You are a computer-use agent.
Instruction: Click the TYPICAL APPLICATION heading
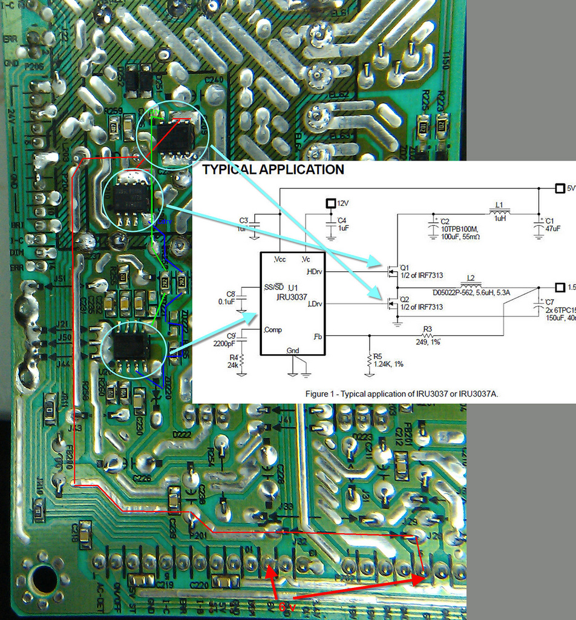(273, 170)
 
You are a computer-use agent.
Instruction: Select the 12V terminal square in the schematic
(331, 203)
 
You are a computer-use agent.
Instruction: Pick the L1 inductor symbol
(499, 211)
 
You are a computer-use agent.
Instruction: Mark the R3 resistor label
(427, 329)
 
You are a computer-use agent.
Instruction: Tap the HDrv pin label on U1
(315, 272)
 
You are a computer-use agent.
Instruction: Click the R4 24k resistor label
(234, 361)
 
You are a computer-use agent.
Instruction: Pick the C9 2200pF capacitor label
(232, 339)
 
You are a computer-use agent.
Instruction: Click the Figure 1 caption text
(401, 394)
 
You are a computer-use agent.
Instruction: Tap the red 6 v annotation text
(286, 607)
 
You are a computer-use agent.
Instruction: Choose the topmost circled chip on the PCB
(175, 137)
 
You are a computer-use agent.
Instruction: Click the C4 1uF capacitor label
(342, 224)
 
